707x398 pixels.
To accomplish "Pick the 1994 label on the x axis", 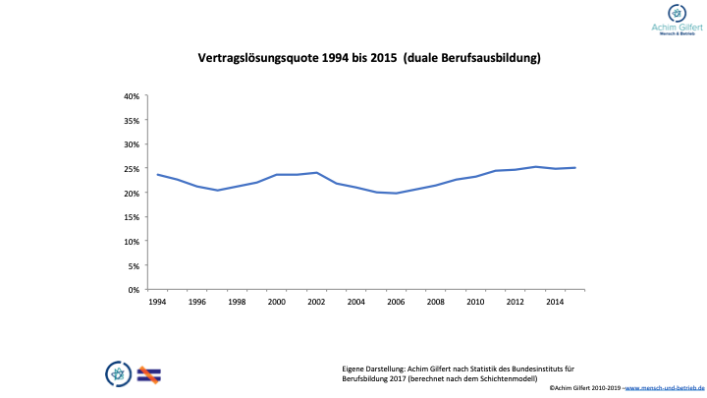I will pos(157,302).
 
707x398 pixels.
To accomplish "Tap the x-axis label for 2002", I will pos(316,302).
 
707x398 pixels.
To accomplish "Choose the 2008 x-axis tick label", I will pos(435,302).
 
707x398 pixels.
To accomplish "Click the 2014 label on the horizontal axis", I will pos(554,302).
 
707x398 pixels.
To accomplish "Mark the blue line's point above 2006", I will pos(396,193).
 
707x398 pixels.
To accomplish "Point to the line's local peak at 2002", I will pos(316,173).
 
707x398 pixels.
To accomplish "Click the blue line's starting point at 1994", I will pos(157,174).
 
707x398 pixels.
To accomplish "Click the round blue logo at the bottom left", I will pos(118,372).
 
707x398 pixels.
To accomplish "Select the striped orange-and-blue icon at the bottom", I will pos(149,372).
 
